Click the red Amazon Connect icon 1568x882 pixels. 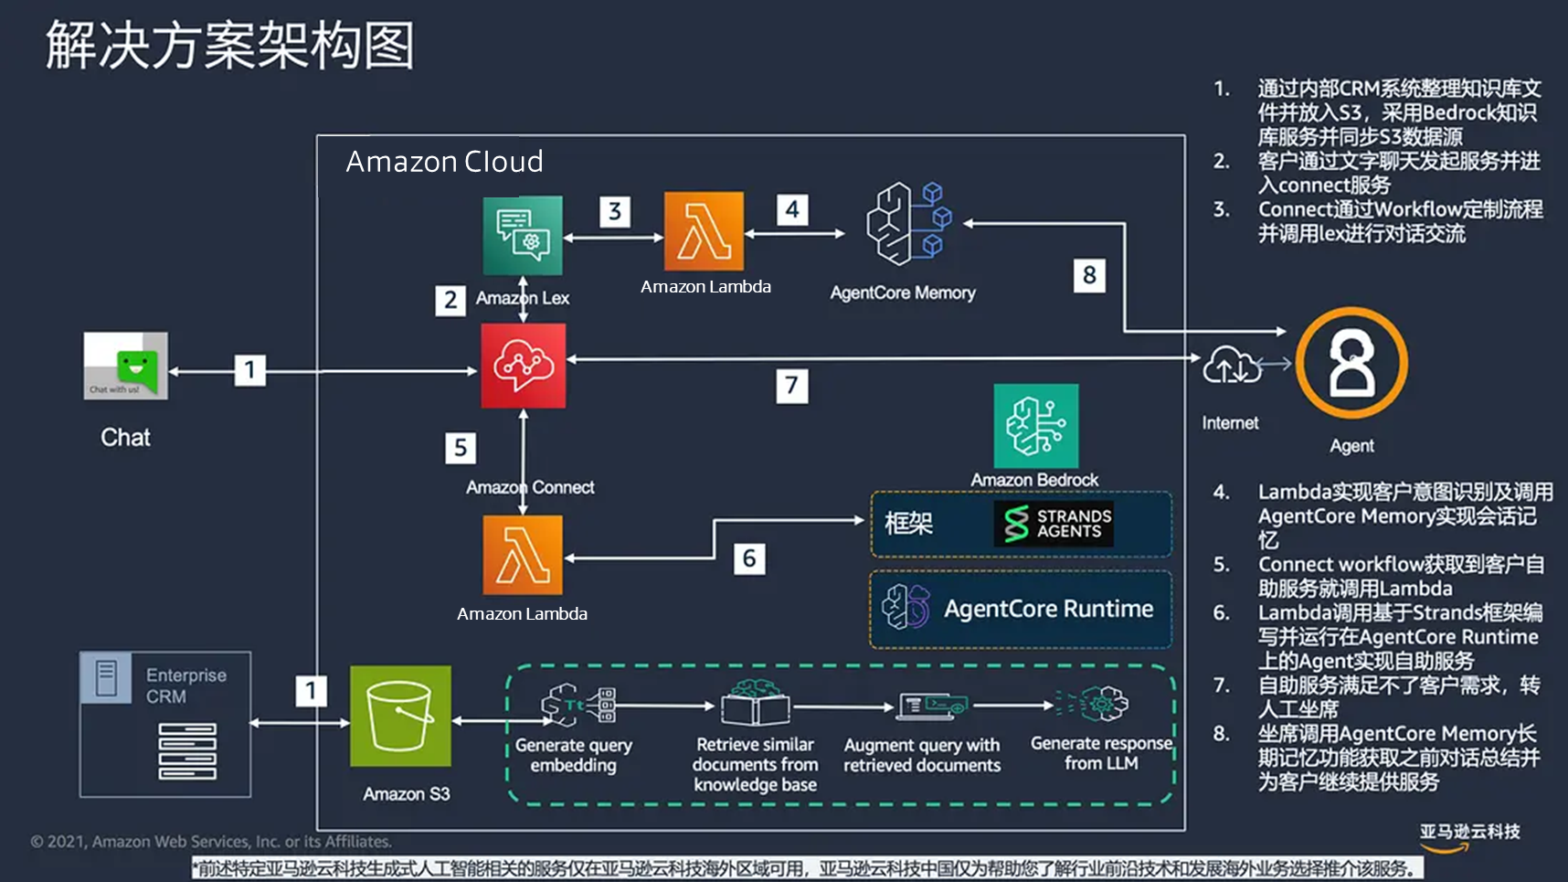tap(523, 366)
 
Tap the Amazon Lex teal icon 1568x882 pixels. tap(523, 235)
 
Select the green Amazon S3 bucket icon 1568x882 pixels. tap(400, 716)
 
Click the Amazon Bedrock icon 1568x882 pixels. tap(1036, 426)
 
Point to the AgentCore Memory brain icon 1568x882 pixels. tap(908, 224)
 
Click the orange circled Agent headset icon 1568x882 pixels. tap(1351, 363)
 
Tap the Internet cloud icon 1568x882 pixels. tap(1231, 367)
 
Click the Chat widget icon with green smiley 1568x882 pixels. tap(126, 366)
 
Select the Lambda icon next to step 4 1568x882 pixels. tap(704, 231)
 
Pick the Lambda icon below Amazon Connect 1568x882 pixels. tap(523, 555)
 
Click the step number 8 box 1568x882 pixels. tap(1088, 275)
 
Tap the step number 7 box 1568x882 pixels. tap(791, 386)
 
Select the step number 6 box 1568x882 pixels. tap(748, 558)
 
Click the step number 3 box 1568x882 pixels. tap(615, 212)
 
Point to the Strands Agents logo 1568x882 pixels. tap(1054, 524)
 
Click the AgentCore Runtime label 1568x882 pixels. tap(1048, 609)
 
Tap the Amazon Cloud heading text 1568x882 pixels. tap(444, 162)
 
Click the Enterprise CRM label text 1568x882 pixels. tap(185, 685)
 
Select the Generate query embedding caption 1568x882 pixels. tap(573, 755)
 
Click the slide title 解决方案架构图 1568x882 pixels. tap(230, 46)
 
